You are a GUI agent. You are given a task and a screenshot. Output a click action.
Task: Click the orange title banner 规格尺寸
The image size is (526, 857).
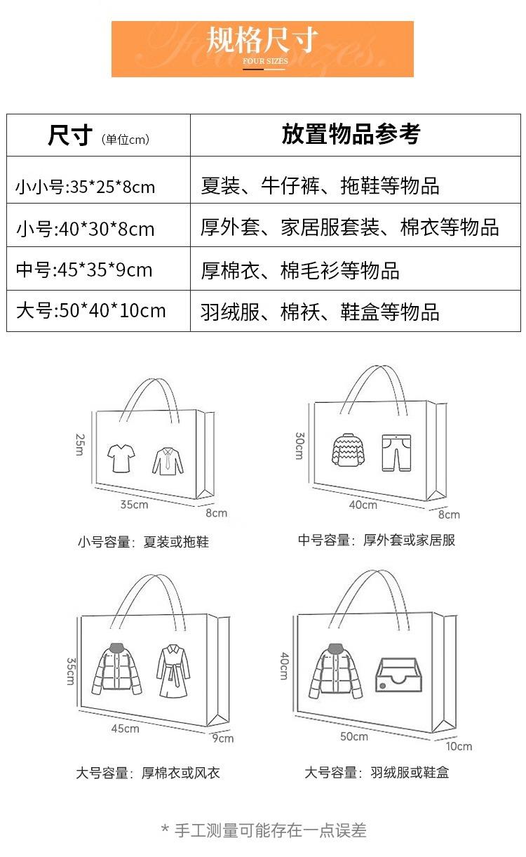click(x=262, y=48)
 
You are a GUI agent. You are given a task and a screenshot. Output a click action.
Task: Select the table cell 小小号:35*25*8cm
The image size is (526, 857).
click(x=85, y=187)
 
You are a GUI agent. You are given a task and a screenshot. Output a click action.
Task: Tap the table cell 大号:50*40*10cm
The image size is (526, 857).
click(x=90, y=310)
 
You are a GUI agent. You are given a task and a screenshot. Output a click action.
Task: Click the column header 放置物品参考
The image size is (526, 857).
click(x=351, y=134)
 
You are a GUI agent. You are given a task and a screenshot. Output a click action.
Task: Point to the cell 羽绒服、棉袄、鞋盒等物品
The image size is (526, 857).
click(x=320, y=312)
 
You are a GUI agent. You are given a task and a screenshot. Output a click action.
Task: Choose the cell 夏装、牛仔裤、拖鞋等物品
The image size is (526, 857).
click(x=320, y=186)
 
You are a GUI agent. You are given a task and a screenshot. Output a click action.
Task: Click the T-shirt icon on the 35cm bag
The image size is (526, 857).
click(x=121, y=458)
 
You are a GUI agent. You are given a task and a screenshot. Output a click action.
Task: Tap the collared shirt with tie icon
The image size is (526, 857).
click(x=167, y=460)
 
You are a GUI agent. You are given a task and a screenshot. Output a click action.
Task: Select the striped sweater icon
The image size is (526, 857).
click(x=349, y=450)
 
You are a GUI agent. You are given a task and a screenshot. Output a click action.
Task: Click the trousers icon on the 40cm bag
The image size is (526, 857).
click(x=396, y=452)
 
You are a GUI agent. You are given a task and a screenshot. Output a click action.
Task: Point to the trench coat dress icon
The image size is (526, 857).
click(x=173, y=671)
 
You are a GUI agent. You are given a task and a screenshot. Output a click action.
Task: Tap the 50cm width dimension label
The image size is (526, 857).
click(x=354, y=736)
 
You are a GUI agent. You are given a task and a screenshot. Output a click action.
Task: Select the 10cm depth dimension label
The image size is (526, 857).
click(x=459, y=746)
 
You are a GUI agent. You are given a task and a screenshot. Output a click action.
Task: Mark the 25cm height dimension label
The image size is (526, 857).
click(x=79, y=444)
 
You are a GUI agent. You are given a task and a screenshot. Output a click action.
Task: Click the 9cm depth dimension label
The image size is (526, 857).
click(x=222, y=738)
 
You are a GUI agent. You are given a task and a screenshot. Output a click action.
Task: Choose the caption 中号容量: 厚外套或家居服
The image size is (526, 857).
click(x=377, y=540)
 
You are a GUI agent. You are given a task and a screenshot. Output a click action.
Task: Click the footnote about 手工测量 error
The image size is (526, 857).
click(x=264, y=831)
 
